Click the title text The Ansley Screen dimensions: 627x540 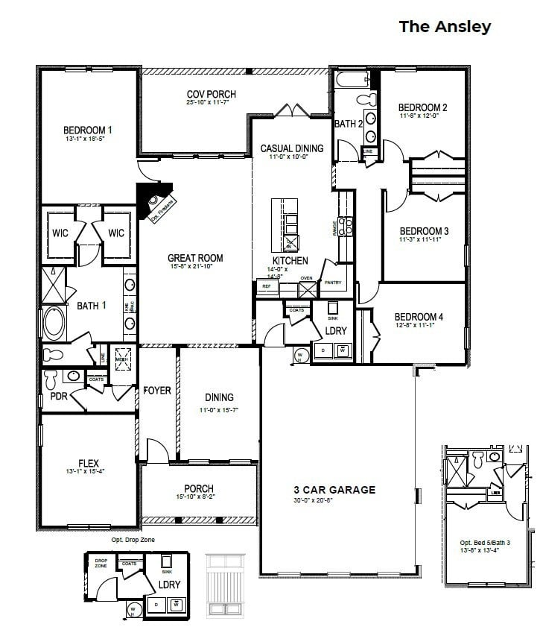445,27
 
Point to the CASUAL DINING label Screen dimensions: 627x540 291,148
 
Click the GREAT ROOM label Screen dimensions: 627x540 195,259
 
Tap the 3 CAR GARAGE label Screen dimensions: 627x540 334,490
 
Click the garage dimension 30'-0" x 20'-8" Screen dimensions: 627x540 334,500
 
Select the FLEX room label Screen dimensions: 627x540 89,462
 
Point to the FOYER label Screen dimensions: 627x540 157,391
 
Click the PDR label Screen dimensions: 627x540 59,397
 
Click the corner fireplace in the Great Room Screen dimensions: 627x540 159,204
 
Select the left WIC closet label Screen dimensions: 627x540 60,233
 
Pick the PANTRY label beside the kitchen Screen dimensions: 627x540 332,283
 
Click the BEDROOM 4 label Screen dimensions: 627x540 419,317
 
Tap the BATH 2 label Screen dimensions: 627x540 348,124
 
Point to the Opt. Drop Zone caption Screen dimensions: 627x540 133,539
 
